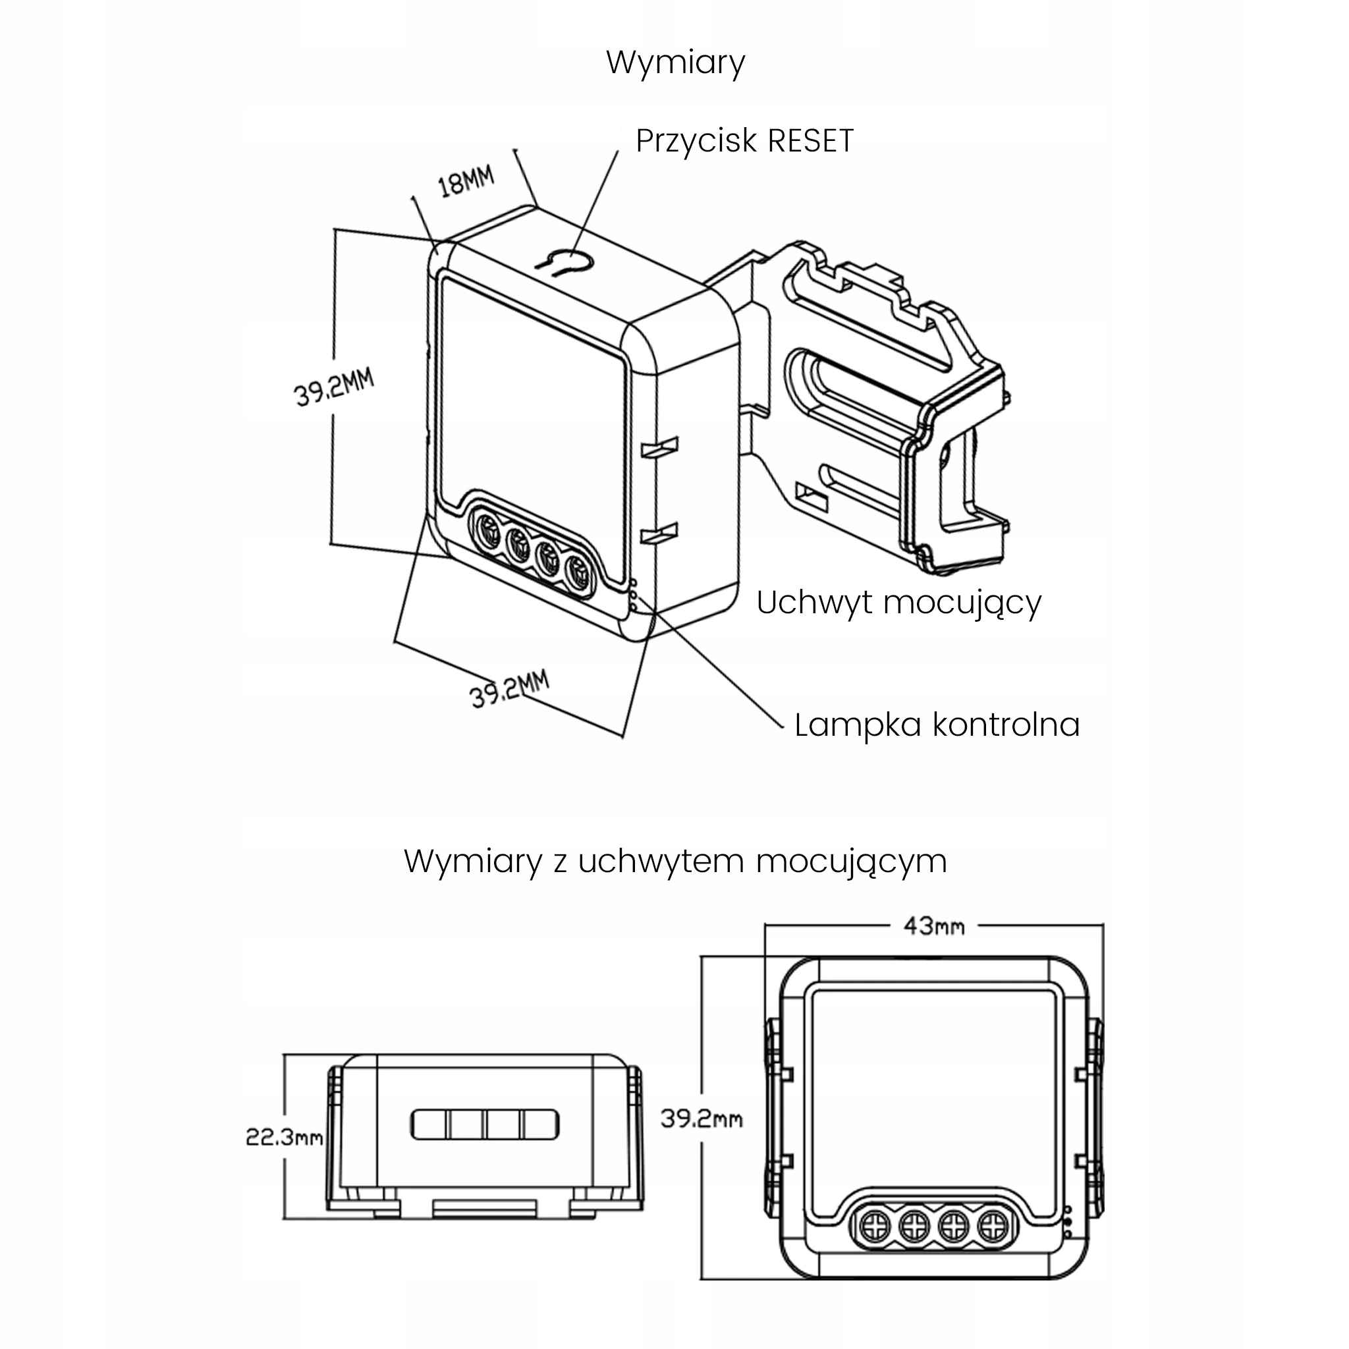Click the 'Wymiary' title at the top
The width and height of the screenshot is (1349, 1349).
pos(675,63)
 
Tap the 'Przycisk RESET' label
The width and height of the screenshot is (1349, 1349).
pos(744,141)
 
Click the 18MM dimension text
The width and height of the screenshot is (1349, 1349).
pos(466,181)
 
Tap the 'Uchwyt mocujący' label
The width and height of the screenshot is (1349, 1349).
pos(898,603)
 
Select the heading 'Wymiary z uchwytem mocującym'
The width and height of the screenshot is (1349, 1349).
pos(675,862)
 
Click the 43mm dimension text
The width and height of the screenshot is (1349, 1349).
pos(933,927)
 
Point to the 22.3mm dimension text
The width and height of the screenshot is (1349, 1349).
pos(284,1138)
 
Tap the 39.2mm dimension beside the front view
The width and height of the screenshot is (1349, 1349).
pos(701,1119)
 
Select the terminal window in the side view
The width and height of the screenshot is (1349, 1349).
pos(485,1125)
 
